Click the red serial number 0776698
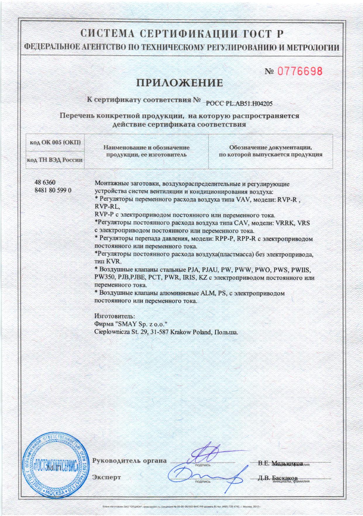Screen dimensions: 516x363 point(300,71)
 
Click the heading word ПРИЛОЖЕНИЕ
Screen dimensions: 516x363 point(180,83)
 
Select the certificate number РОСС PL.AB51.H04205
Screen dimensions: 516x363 point(239,103)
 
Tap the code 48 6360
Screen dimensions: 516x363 point(45,183)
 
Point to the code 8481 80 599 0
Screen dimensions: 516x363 point(53,190)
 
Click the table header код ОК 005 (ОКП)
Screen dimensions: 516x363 point(55,142)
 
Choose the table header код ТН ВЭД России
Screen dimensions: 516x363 point(55,160)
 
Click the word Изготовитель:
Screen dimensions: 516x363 point(115,316)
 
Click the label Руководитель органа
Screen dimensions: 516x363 point(129,461)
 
